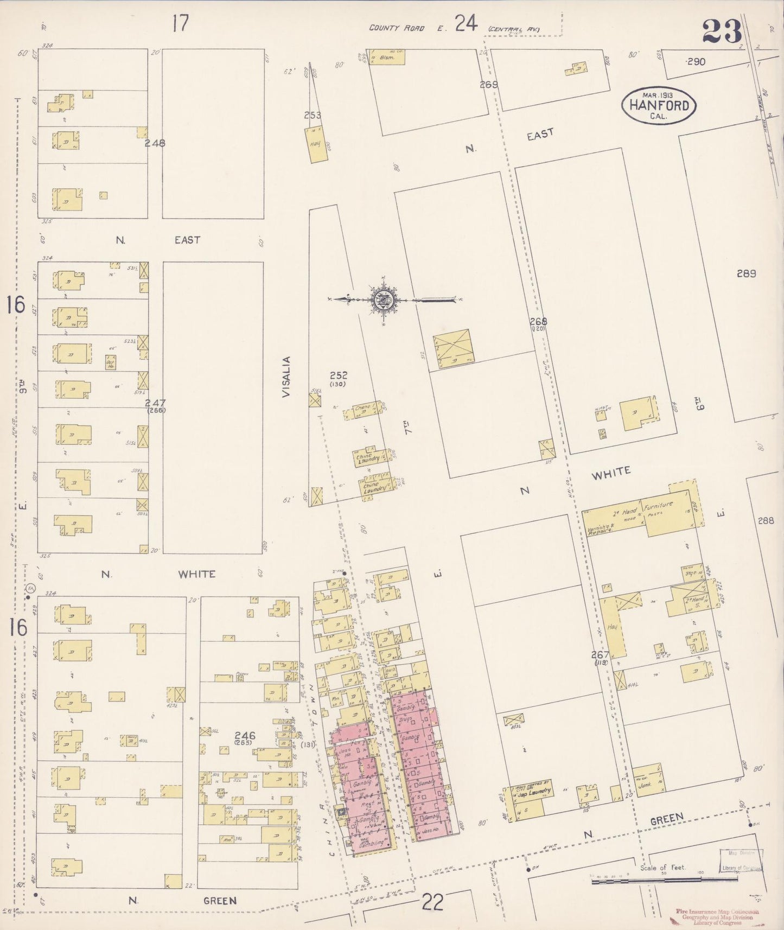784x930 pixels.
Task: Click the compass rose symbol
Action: click(384, 298)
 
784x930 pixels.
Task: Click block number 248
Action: click(155, 143)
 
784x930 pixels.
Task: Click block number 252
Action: click(339, 375)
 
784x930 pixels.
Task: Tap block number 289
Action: click(746, 273)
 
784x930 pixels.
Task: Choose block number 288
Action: click(766, 520)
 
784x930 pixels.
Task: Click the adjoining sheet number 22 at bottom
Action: click(432, 903)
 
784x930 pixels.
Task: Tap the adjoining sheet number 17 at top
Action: click(180, 23)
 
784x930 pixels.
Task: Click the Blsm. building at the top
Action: click(387, 57)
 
